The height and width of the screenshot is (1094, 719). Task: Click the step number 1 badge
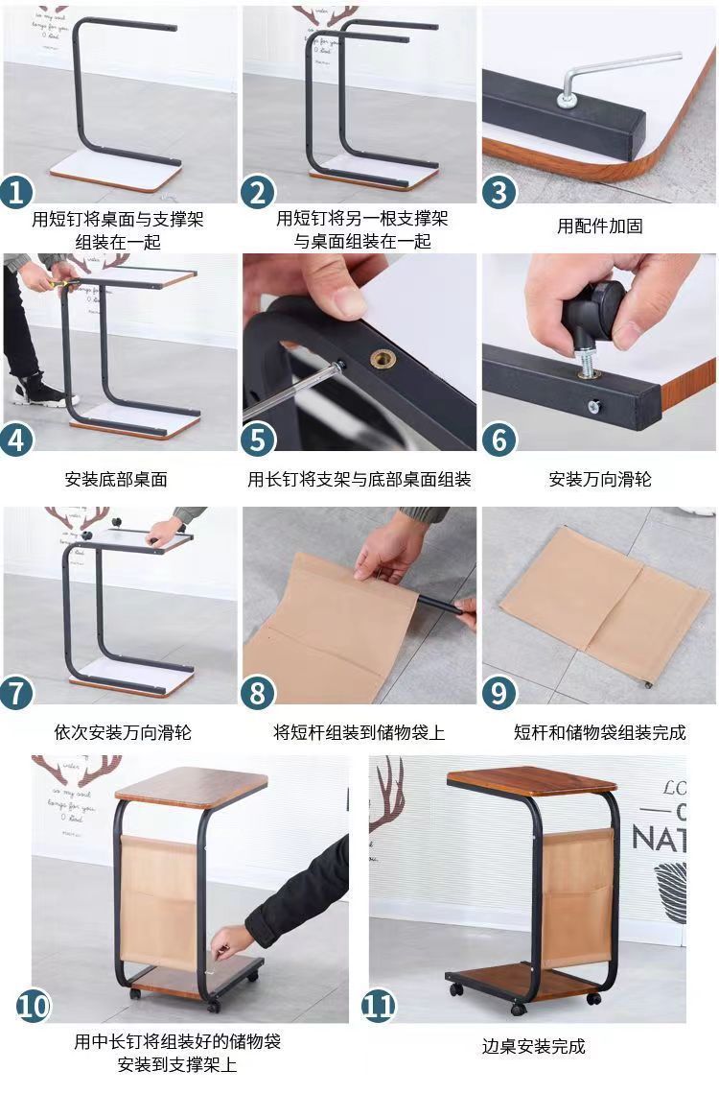click(17, 192)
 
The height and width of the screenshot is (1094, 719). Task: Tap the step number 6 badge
click(499, 440)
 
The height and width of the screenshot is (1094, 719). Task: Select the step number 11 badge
click(379, 1007)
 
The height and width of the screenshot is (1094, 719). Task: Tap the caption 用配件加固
click(599, 226)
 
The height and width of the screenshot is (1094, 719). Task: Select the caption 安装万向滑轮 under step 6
click(599, 479)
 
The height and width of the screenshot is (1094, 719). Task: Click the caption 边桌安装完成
click(533, 1046)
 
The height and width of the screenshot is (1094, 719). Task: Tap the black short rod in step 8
click(449, 605)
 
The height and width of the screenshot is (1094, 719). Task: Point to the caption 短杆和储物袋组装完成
click(599, 732)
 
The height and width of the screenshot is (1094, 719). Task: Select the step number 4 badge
click(17, 440)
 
